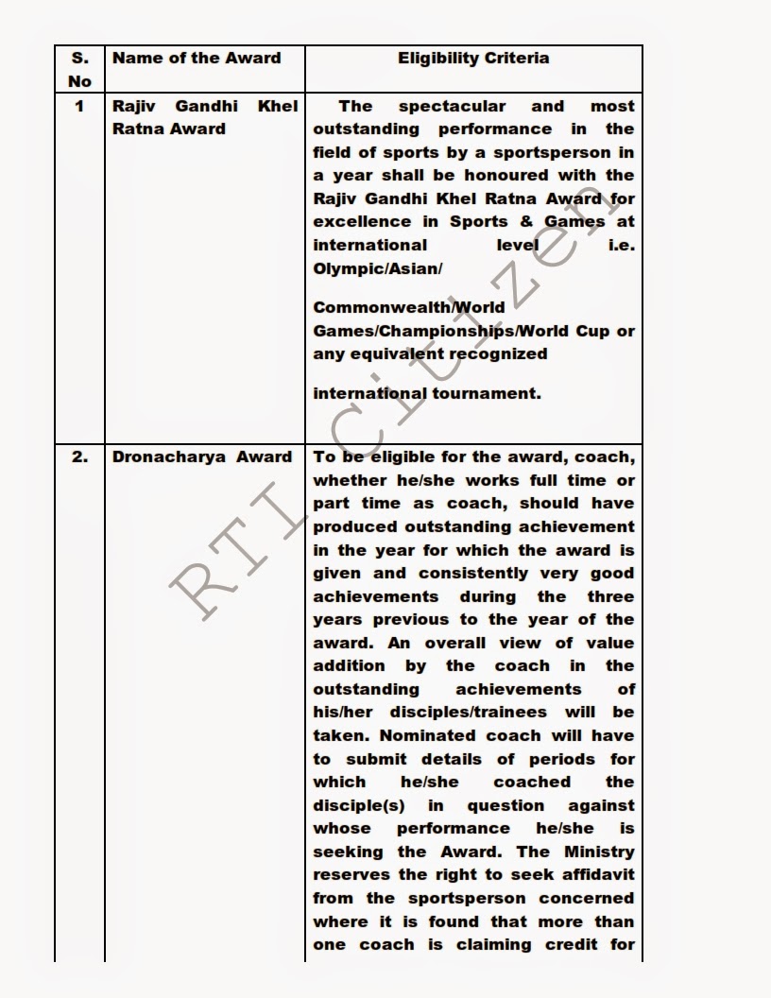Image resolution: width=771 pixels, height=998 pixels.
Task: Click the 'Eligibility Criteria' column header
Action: pos(473,59)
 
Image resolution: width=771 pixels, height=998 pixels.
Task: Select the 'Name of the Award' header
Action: pos(197,59)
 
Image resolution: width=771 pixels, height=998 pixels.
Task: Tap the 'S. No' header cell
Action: pos(79,69)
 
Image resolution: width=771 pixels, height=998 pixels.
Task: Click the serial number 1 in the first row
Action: pos(79,106)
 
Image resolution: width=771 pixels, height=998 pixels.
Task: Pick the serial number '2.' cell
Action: pos(79,456)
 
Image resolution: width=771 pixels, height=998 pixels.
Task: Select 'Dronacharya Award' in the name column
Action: pos(202,456)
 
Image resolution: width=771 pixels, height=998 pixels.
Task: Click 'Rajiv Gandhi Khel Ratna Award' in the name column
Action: pos(205,117)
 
